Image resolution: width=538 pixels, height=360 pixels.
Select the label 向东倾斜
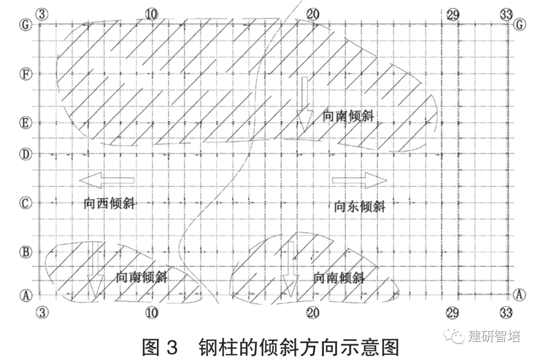pyautogui.click(x=360, y=206)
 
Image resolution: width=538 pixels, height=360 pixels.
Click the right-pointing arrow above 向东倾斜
pyautogui.click(x=360, y=180)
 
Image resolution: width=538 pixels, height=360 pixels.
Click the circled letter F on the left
pyautogui.click(x=24, y=74)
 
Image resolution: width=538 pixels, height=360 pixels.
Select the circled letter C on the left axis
pyautogui.click(x=24, y=203)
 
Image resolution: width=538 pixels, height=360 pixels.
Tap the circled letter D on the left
pyautogui.click(x=24, y=154)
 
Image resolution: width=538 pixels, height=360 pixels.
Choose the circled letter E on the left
pyautogui.click(x=24, y=122)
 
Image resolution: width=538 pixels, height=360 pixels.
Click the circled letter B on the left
pyautogui.click(x=24, y=251)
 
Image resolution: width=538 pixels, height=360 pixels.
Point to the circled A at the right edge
pyautogui.click(x=520, y=295)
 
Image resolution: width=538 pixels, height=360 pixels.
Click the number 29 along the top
pyautogui.click(x=453, y=14)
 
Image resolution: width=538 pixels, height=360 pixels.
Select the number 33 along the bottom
pyautogui.click(x=506, y=312)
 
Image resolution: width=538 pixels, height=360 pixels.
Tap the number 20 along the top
pyautogui.click(x=312, y=14)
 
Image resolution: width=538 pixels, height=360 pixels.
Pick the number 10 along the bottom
pyautogui.click(x=151, y=312)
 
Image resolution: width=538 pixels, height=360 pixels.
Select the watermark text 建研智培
pyautogui.click(x=494, y=336)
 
